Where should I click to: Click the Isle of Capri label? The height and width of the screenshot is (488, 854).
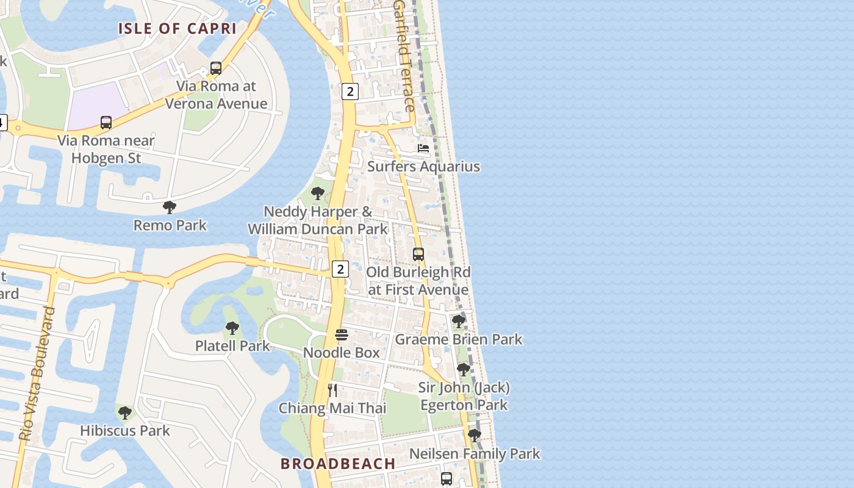point(177,28)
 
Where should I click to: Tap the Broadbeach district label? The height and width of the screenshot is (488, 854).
point(338,464)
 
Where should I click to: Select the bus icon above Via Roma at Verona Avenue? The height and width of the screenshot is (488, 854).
point(216,68)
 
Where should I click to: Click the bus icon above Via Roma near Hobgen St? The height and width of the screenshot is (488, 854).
point(106,123)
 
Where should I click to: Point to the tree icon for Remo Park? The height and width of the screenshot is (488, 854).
point(170,207)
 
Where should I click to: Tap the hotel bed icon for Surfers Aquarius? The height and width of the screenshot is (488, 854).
point(423,148)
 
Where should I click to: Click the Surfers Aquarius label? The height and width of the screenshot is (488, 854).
point(423,167)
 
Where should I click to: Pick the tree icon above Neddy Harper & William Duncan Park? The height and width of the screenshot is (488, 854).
point(317,194)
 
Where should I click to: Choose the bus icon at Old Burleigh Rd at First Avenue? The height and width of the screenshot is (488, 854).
point(418,254)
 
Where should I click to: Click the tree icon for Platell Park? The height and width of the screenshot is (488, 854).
point(232,328)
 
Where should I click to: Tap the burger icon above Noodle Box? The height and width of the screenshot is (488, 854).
point(342,335)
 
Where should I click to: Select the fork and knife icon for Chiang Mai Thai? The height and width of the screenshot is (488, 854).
point(332,390)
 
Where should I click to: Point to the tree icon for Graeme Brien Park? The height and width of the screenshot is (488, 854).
point(459,321)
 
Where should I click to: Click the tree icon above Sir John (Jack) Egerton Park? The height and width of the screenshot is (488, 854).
point(464,370)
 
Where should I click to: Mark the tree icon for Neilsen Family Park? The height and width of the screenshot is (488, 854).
point(474,436)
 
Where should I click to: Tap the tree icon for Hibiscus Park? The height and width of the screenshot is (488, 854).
point(125,413)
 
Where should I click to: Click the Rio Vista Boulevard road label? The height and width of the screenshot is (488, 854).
point(38,373)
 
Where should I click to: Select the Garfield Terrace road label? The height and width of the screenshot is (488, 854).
point(405,55)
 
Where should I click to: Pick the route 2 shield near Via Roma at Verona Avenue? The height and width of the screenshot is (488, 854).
point(350,91)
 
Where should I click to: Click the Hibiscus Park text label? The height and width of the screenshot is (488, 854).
point(125,431)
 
